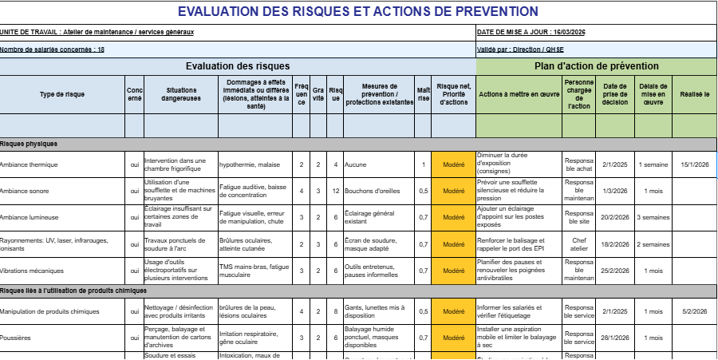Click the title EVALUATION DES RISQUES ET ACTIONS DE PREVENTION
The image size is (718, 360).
357,11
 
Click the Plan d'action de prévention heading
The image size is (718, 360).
596,66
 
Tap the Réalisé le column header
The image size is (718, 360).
694,94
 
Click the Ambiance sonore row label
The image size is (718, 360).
25,192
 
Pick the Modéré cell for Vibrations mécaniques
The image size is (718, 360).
453,271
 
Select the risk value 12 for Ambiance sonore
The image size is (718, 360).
336,192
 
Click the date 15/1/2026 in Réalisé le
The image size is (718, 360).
694,165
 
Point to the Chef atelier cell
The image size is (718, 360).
578,244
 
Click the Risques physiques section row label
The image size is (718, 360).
29,144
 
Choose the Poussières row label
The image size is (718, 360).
16,338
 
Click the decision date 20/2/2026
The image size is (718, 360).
614,218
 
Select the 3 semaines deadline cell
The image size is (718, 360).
653,218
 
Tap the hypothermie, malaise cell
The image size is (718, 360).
250,165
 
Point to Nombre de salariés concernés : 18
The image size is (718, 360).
53,49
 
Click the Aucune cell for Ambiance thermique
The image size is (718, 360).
356,165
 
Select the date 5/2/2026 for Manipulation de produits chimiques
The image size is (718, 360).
694,312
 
